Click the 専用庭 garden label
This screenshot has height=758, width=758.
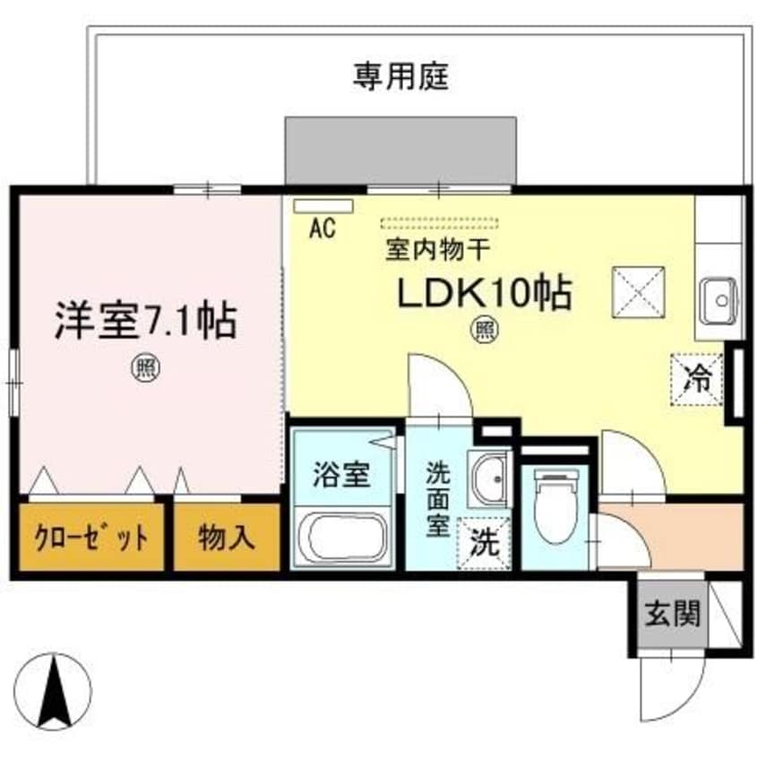(x=400, y=78)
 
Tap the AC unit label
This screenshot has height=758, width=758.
(x=322, y=228)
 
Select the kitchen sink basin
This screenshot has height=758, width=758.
(x=719, y=299)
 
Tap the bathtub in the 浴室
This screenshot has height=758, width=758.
(x=345, y=538)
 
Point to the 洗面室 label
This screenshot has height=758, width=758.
(x=437, y=497)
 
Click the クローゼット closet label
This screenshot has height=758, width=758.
(x=90, y=538)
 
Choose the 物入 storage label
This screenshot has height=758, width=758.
(x=227, y=538)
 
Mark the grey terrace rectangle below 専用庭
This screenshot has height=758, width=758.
(x=400, y=150)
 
